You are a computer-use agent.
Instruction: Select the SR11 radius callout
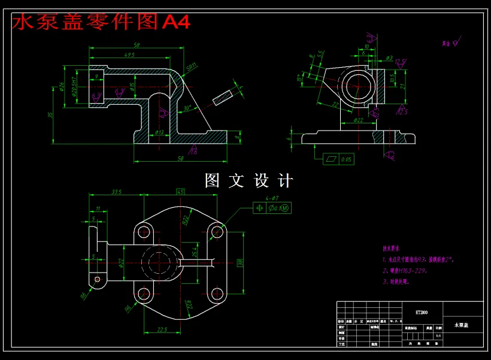click(192, 67)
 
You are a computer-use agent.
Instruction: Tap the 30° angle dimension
click(188, 108)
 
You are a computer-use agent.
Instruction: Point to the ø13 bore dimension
click(160, 132)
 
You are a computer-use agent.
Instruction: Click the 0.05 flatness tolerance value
click(345, 160)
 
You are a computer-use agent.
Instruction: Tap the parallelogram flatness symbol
click(331, 160)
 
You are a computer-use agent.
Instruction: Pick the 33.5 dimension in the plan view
click(117, 192)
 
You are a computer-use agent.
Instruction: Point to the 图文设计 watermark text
click(248, 180)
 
